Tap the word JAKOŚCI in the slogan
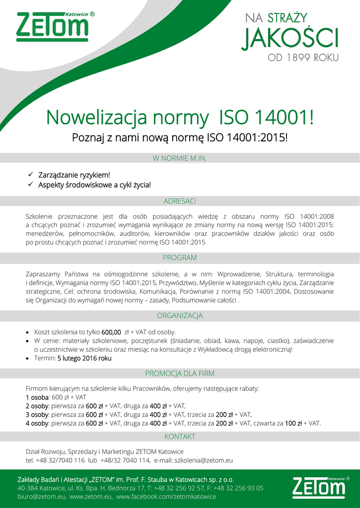[x=290, y=39]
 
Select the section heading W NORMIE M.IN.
[x=180, y=158]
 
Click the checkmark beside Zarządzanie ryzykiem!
[x=30, y=175]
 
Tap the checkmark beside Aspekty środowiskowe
[x=30, y=185]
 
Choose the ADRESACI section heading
[x=180, y=201]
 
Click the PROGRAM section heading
[x=180, y=258]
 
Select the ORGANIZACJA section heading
[x=180, y=316]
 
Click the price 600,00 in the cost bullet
[x=111, y=332]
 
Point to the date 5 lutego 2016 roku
[x=84, y=358]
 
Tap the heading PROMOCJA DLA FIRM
[x=180, y=374]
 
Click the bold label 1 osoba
[x=37, y=397]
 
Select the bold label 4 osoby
[x=37, y=423]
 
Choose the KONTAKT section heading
[x=180, y=437]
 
